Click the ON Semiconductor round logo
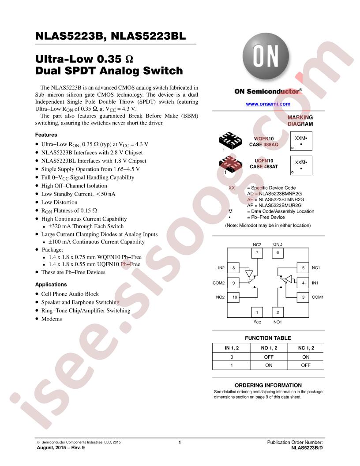(266, 56)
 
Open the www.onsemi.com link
(268, 104)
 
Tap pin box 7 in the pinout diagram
(257, 252)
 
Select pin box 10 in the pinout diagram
(234, 297)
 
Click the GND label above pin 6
(277, 244)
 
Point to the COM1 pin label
(318, 297)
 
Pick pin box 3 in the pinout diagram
(303, 297)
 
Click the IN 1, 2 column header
(232, 348)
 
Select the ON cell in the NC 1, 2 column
(306, 357)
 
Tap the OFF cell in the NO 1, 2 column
(269, 357)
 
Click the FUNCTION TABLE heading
(268, 338)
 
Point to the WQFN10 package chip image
(230, 140)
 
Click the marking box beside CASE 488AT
(301, 165)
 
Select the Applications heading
(51, 285)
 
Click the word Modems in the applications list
(51, 319)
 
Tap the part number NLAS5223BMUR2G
(280, 205)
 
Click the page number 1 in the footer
(180, 442)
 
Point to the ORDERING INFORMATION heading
(268, 385)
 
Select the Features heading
(46, 135)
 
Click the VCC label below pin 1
(257, 322)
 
